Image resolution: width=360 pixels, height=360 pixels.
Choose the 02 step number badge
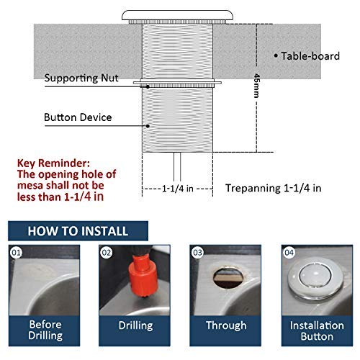click(106, 253)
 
